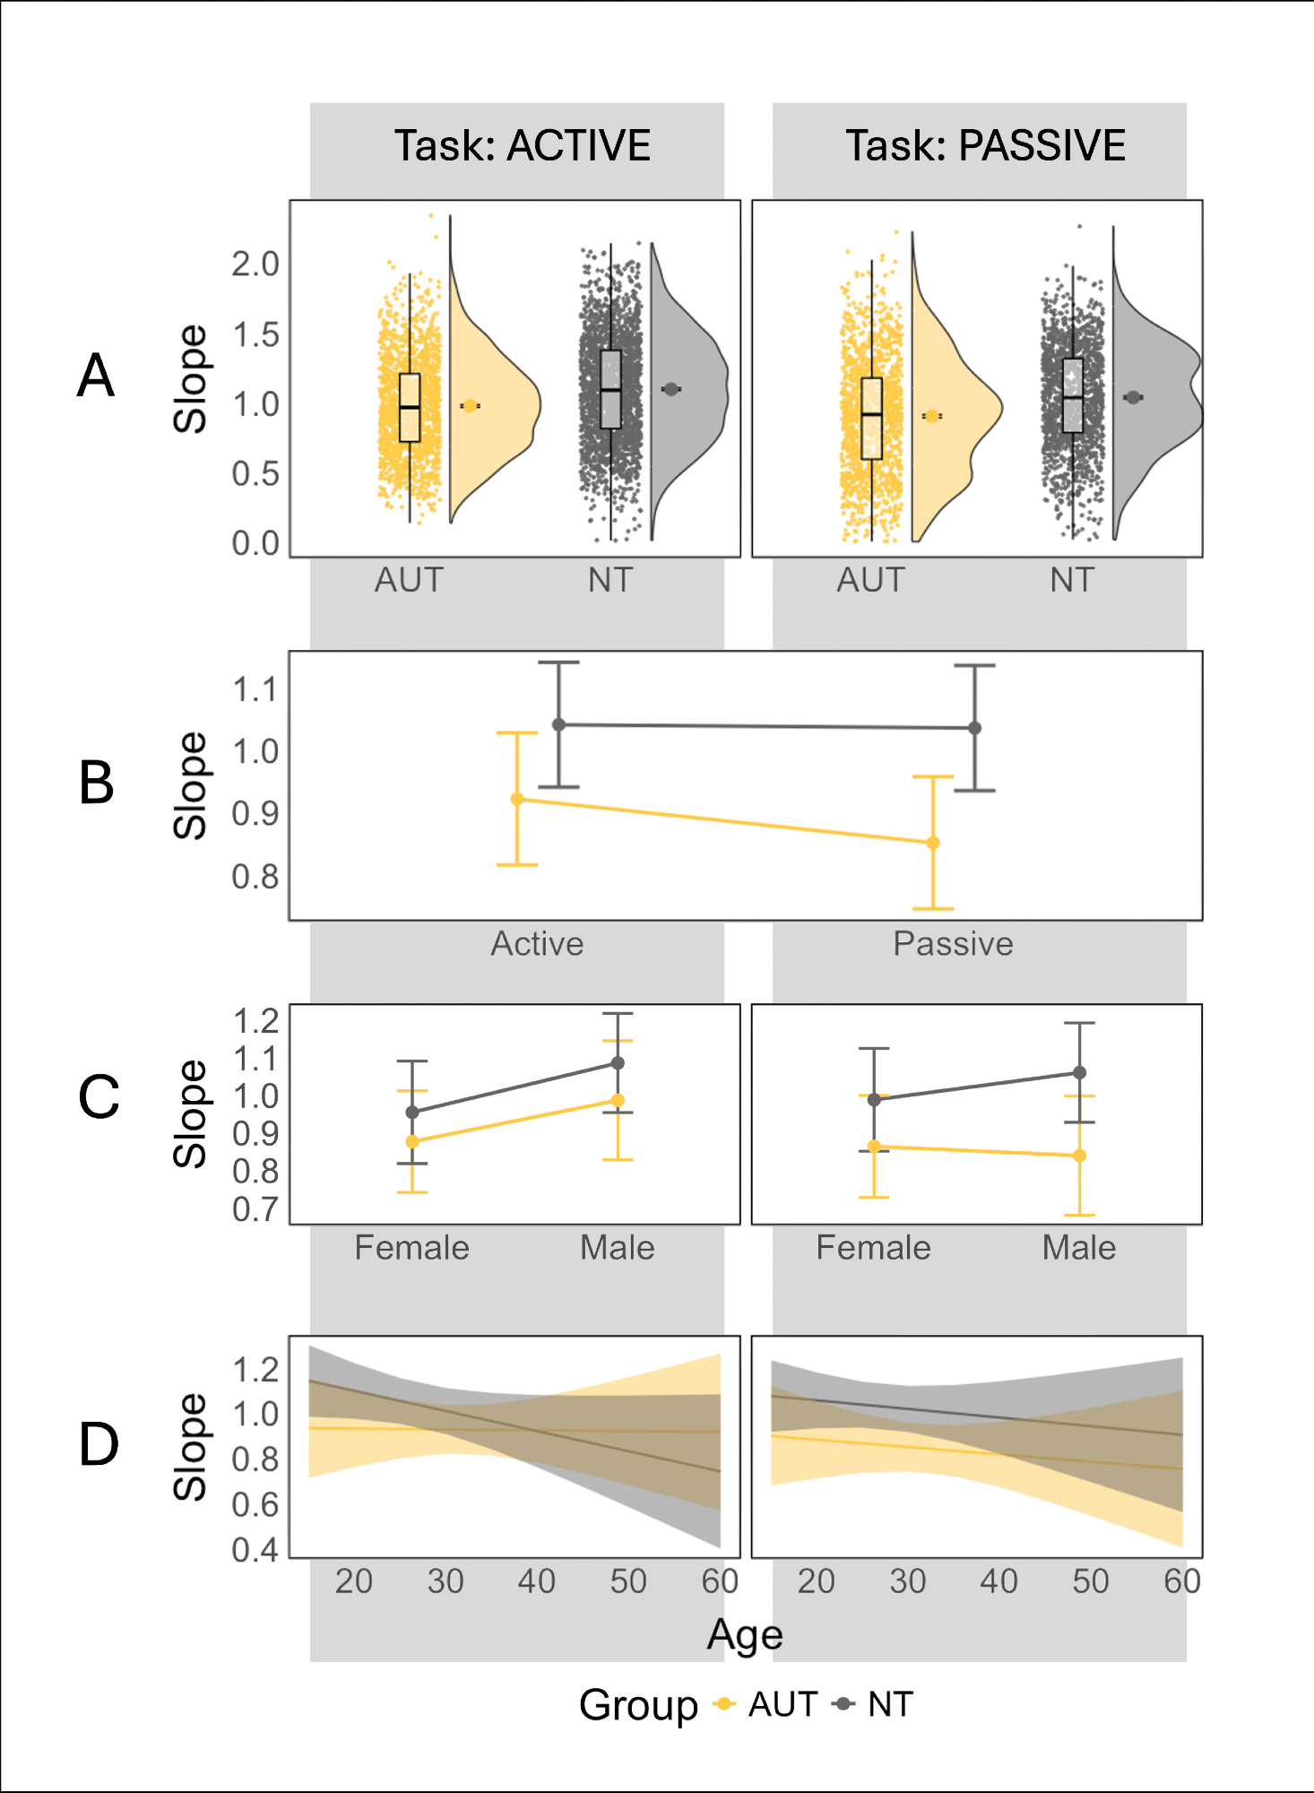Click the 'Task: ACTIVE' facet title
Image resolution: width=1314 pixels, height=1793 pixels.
(523, 146)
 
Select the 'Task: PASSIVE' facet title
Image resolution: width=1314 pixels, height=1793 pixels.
(985, 146)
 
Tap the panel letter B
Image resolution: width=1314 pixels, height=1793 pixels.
(97, 783)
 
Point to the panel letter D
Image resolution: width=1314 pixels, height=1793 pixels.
(99, 1445)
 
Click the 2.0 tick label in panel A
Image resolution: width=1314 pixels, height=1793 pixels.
(255, 264)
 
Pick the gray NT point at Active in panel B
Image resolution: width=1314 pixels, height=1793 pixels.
(558, 724)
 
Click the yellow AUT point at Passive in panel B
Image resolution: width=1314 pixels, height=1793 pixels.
(933, 843)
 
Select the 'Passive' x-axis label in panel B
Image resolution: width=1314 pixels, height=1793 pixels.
(953, 944)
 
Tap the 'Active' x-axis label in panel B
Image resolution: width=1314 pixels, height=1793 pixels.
(537, 944)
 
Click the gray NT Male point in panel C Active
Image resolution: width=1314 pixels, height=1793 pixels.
(618, 1063)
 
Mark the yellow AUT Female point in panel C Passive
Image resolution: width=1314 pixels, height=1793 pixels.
(874, 1147)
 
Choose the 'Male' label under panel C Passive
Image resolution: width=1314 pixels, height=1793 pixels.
(1079, 1248)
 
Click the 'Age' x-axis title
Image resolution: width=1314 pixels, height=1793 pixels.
(745, 1635)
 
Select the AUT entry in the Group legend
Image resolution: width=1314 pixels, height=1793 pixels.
(782, 1704)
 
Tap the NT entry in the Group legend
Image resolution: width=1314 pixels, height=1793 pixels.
(889, 1704)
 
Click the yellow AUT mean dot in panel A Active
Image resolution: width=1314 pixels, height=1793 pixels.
(470, 406)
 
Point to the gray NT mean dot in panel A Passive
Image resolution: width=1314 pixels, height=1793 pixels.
(1133, 397)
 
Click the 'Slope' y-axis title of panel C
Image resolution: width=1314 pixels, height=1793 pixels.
(189, 1114)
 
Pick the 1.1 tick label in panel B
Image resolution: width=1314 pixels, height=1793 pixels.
(255, 690)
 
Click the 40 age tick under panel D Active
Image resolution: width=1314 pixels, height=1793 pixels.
(536, 1581)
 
